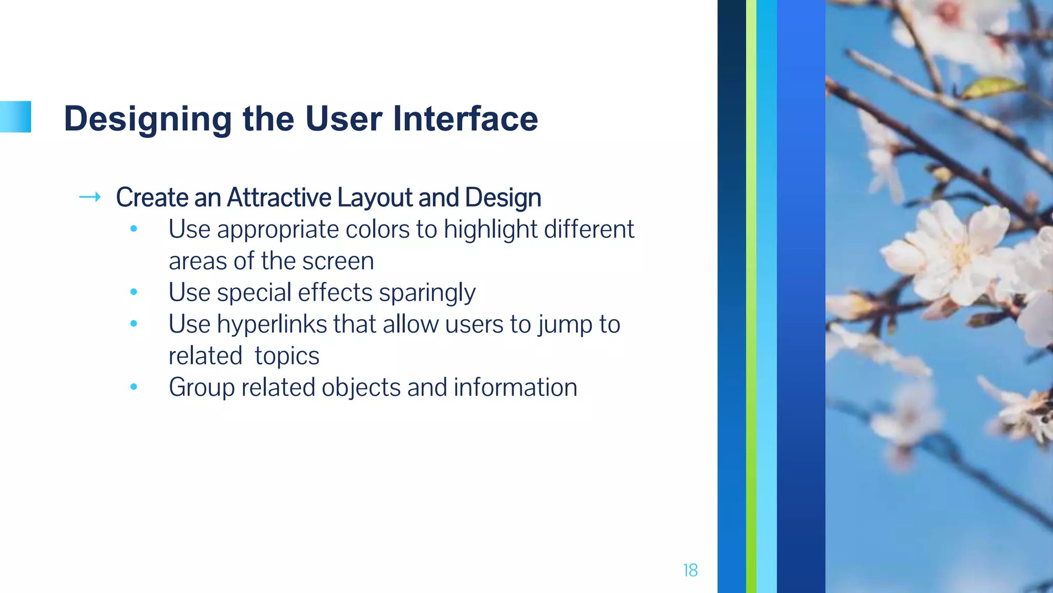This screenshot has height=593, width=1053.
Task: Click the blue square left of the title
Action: click(x=15, y=117)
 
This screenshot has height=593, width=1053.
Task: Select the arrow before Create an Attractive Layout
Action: click(x=90, y=197)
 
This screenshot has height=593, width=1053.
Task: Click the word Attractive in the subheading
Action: click(x=279, y=198)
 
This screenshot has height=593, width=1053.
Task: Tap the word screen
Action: click(x=338, y=261)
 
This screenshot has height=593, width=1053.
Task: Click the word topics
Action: click(x=287, y=356)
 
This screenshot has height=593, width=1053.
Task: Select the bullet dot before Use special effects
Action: click(x=134, y=292)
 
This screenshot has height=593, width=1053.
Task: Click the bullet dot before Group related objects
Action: click(x=134, y=387)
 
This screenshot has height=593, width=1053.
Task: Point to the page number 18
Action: click(x=690, y=570)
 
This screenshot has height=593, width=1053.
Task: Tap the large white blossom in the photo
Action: click(x=951, y=252)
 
